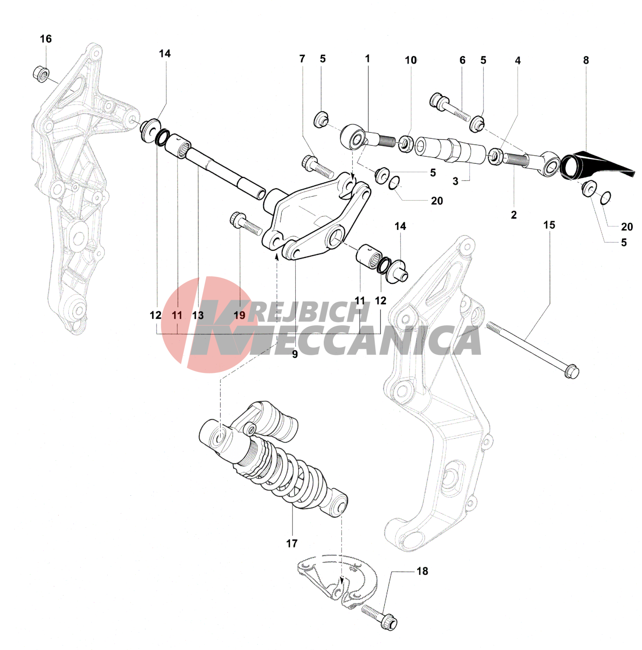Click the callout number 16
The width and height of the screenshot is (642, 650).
(x=46, y=39)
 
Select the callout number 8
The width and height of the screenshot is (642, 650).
(x=586, y=60)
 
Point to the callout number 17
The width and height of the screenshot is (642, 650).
(x=292, y=543)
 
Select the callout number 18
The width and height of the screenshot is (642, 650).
(x=422, y=571)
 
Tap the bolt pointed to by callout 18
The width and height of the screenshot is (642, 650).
(x=379, y=617)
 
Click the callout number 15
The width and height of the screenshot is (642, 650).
(x=549, y=225)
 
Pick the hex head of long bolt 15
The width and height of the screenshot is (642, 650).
(x=572, y=372)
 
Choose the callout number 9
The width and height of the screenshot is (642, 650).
(x=295, y=354)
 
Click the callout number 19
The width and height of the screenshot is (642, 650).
(x=240, y=315)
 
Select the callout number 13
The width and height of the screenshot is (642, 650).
(x=198, y=315)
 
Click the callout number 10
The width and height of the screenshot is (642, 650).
(x=411, y=60)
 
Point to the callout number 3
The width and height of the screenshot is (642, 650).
(x=455, y=181)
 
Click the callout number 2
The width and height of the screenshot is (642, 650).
(x=514, y=215)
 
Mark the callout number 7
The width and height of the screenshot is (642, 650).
(x=302, y=58)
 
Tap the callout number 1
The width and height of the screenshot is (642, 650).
(x=367, y=58)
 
